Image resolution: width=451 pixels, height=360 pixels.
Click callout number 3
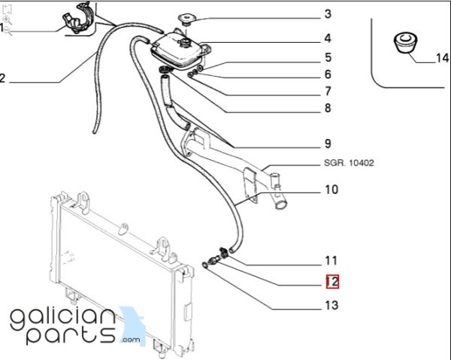point(328,14)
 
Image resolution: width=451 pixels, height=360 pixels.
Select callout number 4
point(328,38)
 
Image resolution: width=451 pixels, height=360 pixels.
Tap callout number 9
point(328,144)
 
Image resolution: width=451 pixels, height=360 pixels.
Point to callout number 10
point(331,189)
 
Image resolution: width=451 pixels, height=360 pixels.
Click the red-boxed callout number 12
point(332,282)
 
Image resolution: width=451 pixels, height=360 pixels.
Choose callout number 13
point(331,305)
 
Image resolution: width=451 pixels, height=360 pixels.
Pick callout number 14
point(443,58)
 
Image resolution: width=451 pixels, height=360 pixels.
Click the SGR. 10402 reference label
point(349,163)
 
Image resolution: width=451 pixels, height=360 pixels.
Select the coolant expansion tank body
point(177,50)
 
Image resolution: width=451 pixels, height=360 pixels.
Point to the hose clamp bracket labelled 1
point(77,18)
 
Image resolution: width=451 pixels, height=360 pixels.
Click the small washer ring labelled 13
point(204,265)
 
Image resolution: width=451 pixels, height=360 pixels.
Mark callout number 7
point(328,91)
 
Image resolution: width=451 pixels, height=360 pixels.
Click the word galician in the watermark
point(62,319)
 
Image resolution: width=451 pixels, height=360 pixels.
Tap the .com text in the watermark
point(131,340)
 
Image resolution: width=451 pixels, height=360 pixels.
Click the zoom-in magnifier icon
point(8,20)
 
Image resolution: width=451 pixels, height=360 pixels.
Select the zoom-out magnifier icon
point(8,31)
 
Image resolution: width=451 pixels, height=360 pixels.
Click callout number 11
point(331,261)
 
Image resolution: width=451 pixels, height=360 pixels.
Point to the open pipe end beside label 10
point(280,204)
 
